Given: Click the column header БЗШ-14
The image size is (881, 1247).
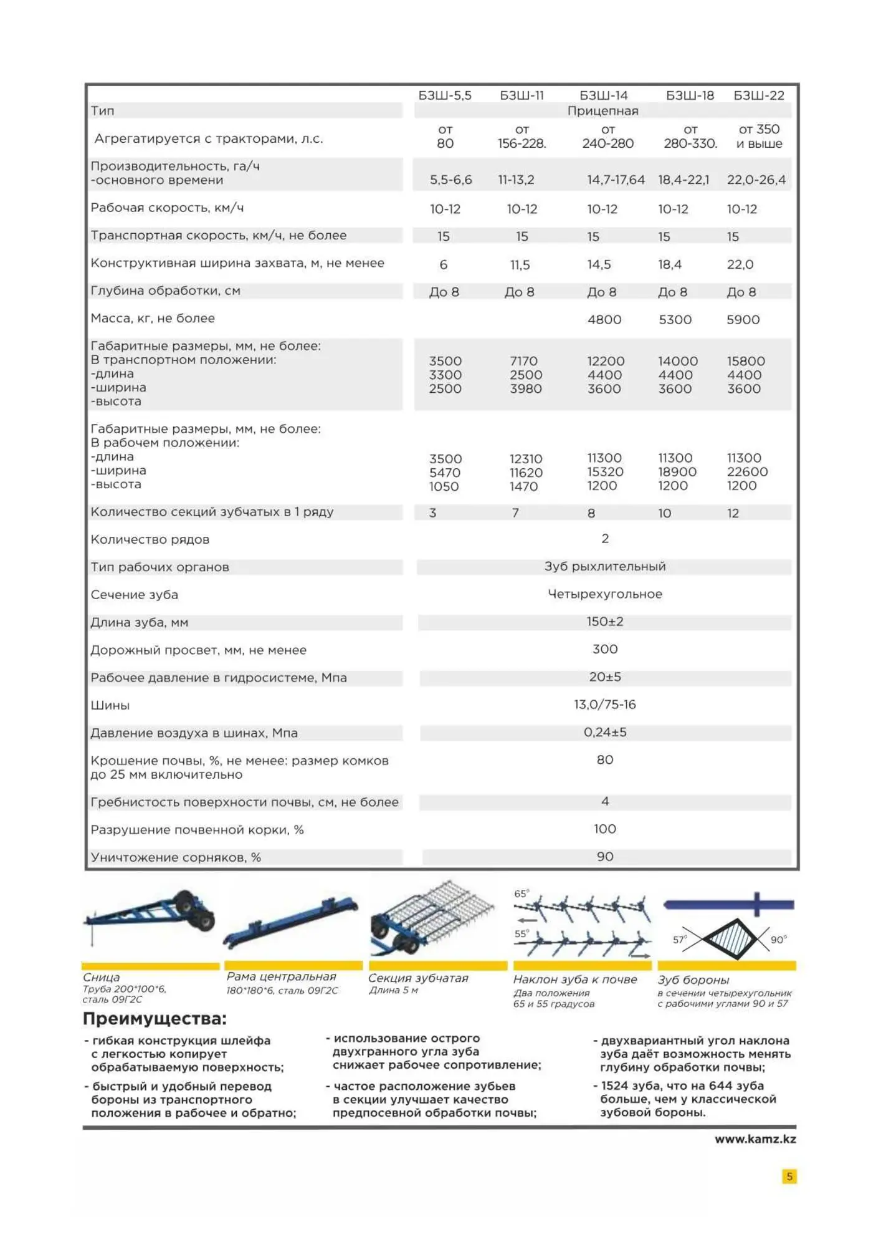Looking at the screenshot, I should coord(603,95).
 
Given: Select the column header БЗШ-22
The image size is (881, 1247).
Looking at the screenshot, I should coord(758,95).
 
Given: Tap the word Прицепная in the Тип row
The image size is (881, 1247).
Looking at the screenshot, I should coord(602,111).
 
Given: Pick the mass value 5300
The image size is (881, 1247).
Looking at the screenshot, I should coord(675,320).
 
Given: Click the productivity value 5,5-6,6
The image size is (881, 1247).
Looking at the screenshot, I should coord(450,180).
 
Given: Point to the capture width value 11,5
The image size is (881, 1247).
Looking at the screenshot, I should coord(520,265).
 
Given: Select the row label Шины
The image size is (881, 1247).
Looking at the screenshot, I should coord(110,705).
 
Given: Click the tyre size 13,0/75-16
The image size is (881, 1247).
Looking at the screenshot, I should coord(604,705).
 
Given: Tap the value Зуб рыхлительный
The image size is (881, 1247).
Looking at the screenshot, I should coord(604,566).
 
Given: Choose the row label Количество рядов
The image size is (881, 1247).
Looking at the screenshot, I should coord(150,539).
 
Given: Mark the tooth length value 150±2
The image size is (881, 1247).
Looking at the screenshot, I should coord(604,622).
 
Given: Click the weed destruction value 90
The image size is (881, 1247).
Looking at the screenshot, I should coord(604,857).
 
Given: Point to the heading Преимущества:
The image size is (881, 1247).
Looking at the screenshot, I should coord(155,1019).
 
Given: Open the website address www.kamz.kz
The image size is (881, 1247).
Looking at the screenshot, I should coord(755,1139).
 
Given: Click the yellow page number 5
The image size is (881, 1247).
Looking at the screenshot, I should coord(789,1177).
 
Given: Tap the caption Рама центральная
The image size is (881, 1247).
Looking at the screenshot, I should coord(281,976).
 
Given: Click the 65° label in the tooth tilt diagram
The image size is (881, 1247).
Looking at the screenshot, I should coord(521,893).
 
